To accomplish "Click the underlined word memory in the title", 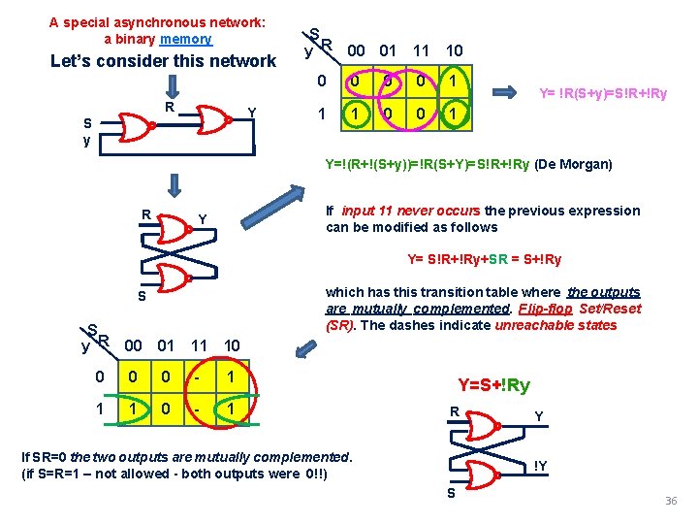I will point(186,39).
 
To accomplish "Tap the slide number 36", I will point(670,501).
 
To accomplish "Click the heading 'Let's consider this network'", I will point(163,61).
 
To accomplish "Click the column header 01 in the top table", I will point(388,49).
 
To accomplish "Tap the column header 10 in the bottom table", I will point(233,344).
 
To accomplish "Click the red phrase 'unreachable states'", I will point(555,325).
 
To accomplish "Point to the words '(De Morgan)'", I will point(574,164).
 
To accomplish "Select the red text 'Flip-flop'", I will point(545,309).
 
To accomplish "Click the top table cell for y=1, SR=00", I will point(357,115).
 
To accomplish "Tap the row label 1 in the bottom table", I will point(100,409).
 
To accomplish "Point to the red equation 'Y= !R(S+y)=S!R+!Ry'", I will point(602,94).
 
